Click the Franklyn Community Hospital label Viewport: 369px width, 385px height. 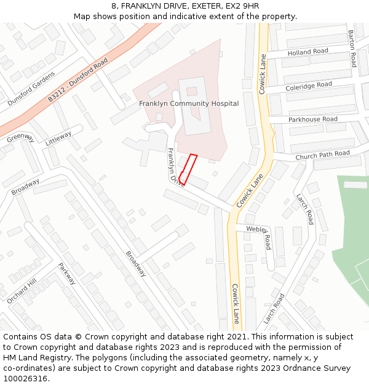coord(189,103)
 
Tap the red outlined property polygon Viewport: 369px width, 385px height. coord(188,169)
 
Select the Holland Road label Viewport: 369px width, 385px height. coord(308,52)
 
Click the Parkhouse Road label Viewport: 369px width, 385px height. coord(313,119)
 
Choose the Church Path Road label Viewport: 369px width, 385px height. coord(322,154)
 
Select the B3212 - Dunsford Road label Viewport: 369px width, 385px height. coord(78,79)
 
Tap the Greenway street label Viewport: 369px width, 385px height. coord(20,137)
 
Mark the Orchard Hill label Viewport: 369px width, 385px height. coord(22,290)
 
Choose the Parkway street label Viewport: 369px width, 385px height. coord(67,274)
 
